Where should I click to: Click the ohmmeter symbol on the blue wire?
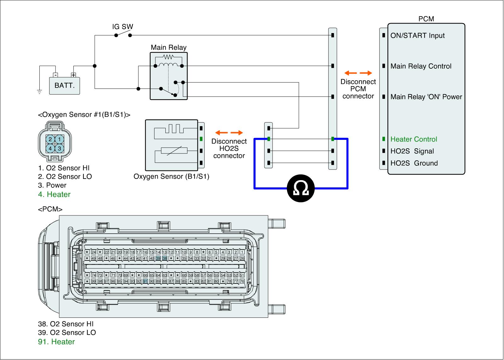[301, 188]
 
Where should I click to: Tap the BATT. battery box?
[65, 86]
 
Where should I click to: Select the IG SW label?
[123, 26]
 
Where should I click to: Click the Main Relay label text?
[169, 48]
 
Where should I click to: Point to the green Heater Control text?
[414, 139]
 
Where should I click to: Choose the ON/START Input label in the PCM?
[417, 35]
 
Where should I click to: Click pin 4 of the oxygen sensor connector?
[50, 148]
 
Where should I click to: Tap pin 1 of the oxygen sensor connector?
[60, 139]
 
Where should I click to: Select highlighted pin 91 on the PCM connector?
[145, 281]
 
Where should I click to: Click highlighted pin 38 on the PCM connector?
[164, 258]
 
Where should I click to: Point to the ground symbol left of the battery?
[39, 92]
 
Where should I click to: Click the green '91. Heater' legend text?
[56, 342]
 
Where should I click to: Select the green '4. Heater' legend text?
[54, 194]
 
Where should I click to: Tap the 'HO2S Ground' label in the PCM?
[414, 163]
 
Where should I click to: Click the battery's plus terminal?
[73, 75]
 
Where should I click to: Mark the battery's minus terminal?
[55, 75]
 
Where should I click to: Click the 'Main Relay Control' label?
[421, 66]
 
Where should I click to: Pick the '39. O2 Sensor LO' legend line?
[67, 333]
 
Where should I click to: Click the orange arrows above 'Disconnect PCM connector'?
[358, 73]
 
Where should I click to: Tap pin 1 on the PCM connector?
[242, 252]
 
